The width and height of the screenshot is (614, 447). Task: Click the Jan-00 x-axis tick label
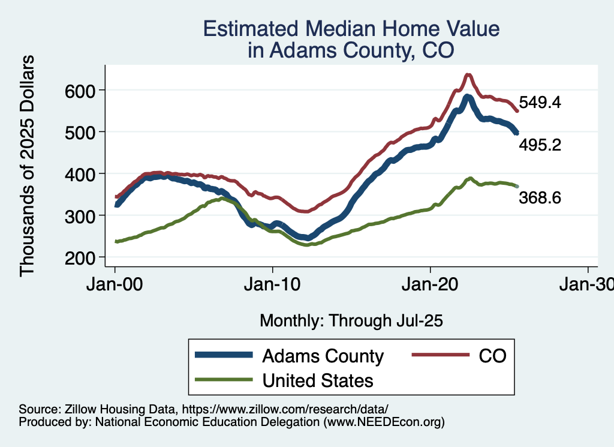click(x=115, y=284)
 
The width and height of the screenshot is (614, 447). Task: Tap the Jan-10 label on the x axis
click(x=273, y=284)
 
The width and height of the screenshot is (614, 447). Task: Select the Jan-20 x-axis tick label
click(x=431, y=284)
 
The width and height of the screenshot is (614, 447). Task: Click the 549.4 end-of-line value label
click(x=540, y=103)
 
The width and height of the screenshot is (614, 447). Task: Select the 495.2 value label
click(x=540, y=145)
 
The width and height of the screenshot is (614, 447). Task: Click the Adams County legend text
click(x=323, y=356)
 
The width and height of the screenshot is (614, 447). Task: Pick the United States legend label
click(x=318, y=380)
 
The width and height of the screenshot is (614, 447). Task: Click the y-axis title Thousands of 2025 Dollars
click(x=27, y=165)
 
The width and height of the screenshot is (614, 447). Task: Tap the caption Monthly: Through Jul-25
click(x=351, y=321)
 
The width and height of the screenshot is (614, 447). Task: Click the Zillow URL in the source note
click(x=285, y=409)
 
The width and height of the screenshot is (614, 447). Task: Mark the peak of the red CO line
click(x=468, y=75)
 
